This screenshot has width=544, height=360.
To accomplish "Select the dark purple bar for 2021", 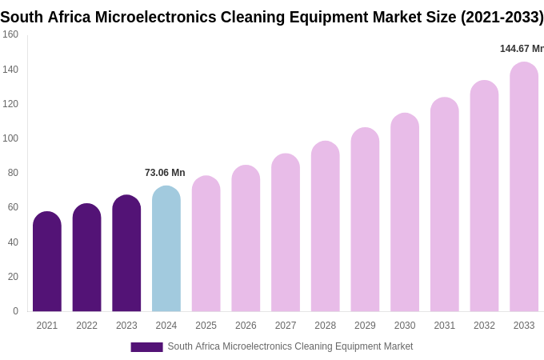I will [x=47, y=262].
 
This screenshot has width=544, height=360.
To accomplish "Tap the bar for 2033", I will [x=524, y=187].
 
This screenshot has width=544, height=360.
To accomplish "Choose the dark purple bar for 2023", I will [x=126, y=254].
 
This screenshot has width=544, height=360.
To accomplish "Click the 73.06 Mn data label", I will [x=165, y=173].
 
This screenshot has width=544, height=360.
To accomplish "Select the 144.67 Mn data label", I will [x=521, y=49].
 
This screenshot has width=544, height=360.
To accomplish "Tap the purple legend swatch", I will [x=146, y=347].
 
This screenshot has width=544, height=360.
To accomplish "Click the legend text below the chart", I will [x=290, y=346].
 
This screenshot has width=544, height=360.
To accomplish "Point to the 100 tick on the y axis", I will [x=10, y=138].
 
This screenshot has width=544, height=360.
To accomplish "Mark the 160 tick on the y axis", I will [x=10, y=34].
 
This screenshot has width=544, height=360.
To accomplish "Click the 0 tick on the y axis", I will [x=15, y=311].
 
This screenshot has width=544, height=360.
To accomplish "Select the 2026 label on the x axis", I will [x=246, y=326].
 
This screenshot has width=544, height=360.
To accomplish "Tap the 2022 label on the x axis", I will [x=86, y=326].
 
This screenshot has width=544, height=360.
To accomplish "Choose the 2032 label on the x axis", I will [x=484, y=326].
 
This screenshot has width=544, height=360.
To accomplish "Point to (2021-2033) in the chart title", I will [x=502, y=17].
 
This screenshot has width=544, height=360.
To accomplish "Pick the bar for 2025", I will [x=206, y=244].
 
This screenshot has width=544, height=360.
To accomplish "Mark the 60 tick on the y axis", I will [x=13, y=207].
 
